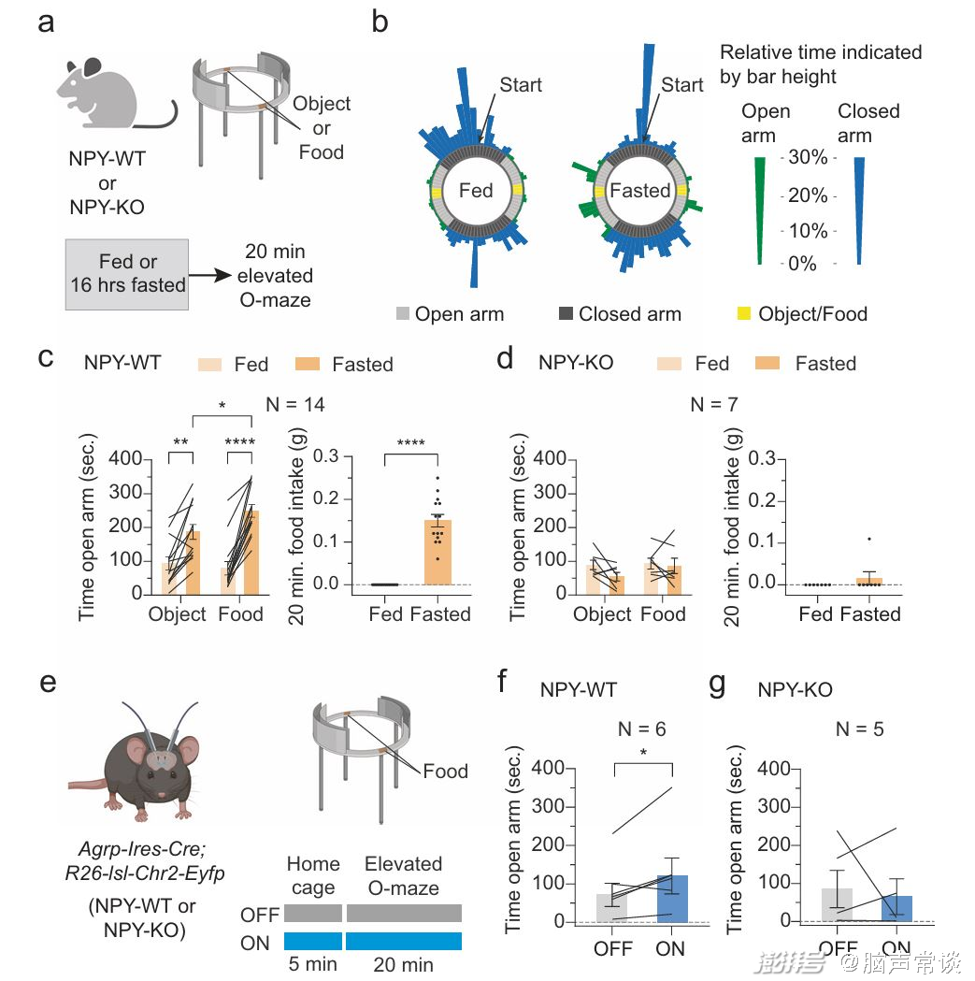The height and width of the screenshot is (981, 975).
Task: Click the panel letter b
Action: pos(380,22)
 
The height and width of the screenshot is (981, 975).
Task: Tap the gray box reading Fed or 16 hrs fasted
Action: pos(128,273)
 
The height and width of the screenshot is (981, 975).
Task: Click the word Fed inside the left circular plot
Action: pos(476,191)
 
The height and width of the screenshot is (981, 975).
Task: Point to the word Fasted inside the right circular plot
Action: pos(639,191)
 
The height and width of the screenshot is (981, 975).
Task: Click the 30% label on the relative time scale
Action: pos(807,157)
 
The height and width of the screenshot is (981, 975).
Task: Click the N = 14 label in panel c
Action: pos(296,405)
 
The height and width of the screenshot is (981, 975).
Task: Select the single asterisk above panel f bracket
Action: pos(642,753)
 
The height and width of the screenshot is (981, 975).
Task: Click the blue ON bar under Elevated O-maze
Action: pos(403,941)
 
